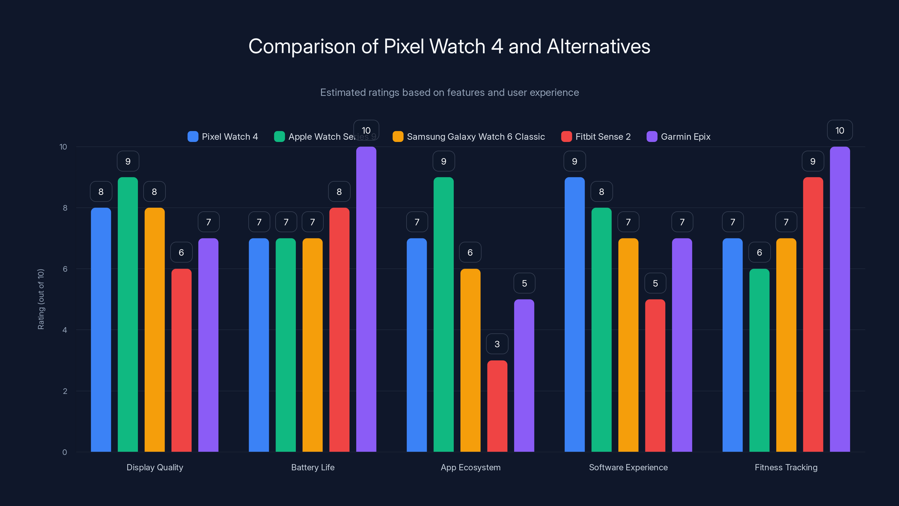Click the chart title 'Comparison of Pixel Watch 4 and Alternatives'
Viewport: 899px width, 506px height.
click(x=449, y=46)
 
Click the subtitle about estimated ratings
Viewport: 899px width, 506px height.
click(x=449, y=92)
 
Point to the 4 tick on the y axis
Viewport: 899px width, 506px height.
click(x=65, y=330)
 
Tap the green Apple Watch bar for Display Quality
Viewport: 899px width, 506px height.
click(x=128, y=314)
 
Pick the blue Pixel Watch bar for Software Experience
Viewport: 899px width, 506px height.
click(x=575, y=314)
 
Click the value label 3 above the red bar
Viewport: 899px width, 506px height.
click(x=497, y=344)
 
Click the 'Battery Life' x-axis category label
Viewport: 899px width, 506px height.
click(x=313, y=467)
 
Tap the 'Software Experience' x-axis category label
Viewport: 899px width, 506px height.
click(x=628, y=467)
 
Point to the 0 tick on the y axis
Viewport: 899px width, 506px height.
click(x=65, y=452)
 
